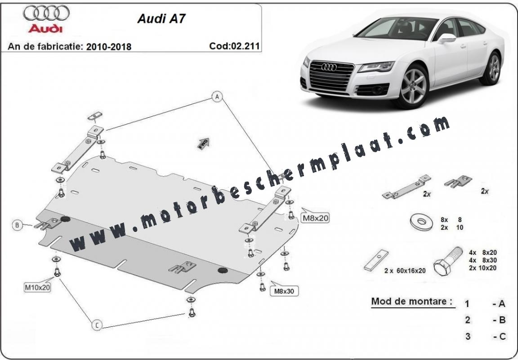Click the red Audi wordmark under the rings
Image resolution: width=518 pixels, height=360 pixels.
tap(45, 28)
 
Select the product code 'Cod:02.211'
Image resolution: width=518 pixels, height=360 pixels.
tap(234, 46)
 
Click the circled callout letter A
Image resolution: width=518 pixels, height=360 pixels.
tap(217, 97)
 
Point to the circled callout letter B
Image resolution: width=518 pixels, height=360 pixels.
tap(17, 225)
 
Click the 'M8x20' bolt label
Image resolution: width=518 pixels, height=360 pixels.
tap(315, 218)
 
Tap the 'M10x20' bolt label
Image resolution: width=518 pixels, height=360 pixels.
tap(37, 286)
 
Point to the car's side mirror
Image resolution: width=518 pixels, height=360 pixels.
tap(446, 38)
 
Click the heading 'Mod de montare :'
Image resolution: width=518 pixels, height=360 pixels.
tap(411, 301)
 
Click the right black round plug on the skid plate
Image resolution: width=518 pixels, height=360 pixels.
tap(222, 270)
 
